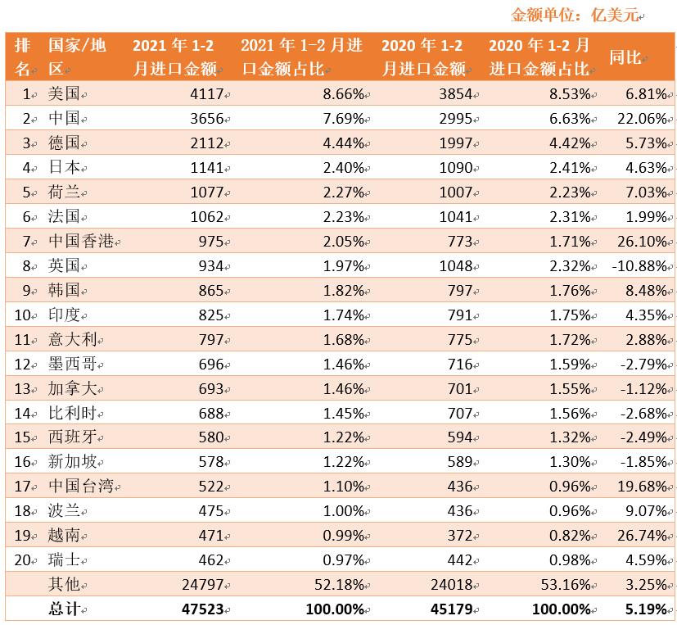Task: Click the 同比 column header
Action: click(625, 57)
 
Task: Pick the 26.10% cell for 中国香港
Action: click(644, 242)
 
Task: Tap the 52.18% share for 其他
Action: click(340, 585)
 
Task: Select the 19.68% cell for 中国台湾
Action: click(644, 487)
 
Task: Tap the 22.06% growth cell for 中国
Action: click(644, 119)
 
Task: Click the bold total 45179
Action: click(449, 609)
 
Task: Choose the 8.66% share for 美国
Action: click(344, 94)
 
